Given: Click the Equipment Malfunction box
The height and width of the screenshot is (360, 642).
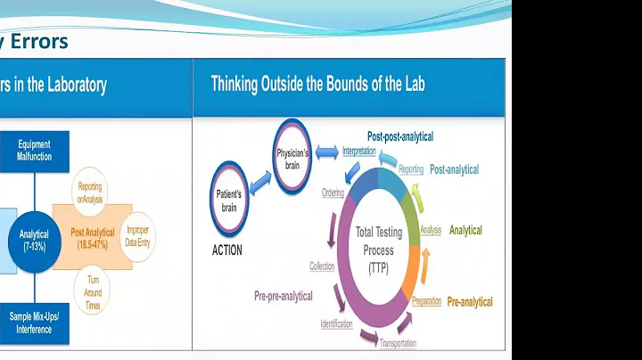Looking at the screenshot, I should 34,149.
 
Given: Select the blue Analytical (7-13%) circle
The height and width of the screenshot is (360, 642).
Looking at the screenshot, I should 34,240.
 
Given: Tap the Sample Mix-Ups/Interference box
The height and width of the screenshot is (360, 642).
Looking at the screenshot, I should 34,323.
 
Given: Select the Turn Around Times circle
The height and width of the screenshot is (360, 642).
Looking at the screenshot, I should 93,286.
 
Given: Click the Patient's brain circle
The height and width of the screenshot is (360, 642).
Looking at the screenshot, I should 228,199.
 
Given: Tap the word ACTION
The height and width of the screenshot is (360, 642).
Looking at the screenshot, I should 226,250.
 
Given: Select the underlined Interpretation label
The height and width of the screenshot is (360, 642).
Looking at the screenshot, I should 358,151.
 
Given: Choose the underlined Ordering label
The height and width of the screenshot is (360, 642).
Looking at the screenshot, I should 332,192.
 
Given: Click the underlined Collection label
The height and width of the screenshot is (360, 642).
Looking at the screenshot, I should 322,266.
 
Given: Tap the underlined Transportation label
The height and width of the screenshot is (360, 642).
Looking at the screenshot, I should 398,343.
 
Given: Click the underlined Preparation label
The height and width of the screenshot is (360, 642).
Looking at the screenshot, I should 426,301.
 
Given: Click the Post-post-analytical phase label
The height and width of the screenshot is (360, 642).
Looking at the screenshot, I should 400,136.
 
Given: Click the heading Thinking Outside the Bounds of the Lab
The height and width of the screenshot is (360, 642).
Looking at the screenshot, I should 317,85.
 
